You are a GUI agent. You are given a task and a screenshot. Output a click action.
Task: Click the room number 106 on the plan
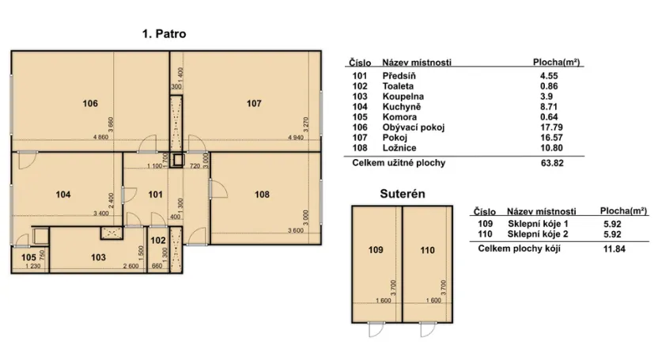point(90,103)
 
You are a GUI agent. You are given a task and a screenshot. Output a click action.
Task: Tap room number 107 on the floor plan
point(254,103)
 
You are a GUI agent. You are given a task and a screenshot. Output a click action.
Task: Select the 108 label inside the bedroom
point(262,195)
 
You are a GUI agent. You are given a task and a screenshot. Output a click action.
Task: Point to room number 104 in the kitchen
point(63,195)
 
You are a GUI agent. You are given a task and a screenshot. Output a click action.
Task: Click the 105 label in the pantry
point(28,257)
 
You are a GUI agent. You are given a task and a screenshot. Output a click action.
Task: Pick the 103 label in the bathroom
point(98,257)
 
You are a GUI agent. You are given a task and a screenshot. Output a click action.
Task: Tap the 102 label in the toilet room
point(158,240)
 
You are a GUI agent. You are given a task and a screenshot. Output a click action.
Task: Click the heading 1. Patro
point(164,34)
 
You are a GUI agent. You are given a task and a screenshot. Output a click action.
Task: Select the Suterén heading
point(403,194)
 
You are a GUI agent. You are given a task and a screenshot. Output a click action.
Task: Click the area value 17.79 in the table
point(551,127)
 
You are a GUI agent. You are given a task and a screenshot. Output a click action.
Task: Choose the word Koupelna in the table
point(403,97)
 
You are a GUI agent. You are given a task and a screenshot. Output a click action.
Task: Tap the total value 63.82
point(552,163)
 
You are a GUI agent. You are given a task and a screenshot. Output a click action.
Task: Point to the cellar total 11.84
point(615,248)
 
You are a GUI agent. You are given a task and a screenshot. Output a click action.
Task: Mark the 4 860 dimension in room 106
point(100,137)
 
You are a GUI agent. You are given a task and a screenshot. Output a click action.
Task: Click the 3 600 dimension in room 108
point(296,230)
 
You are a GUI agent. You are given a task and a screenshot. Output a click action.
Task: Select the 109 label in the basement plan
point(376,250)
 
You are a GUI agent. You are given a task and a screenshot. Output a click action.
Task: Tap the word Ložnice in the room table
point(399,148)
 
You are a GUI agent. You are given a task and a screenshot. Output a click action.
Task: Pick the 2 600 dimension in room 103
point(131,266)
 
